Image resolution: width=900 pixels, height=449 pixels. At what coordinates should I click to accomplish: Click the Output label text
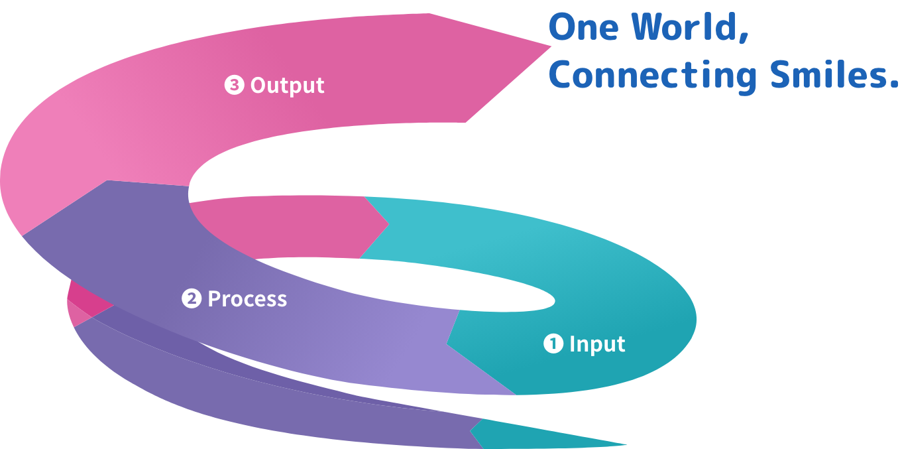click(x=287, y=86)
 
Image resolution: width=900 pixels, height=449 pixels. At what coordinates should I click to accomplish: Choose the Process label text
click(x=247, y=299)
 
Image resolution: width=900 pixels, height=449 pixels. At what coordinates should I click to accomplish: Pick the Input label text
click(x=597, y=344)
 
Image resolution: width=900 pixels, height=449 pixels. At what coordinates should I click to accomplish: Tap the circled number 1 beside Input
click(x=553, y=344)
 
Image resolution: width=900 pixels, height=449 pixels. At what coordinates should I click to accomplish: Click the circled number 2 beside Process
click(x=191, y=299)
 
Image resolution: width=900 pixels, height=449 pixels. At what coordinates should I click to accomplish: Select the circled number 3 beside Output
click(x=234, y=86)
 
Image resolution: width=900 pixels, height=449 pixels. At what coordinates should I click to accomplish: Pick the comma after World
click(x=743, y=38)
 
